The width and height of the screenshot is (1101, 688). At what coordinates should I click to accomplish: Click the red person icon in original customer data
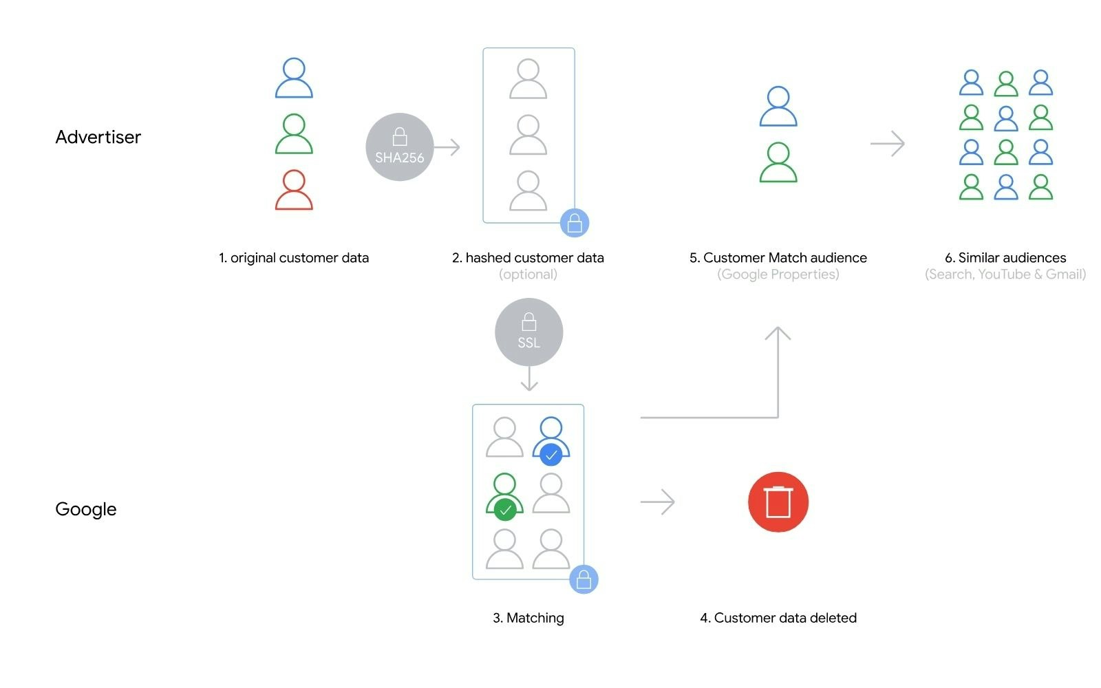(x=294, y=190)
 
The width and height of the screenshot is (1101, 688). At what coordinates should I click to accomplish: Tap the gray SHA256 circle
(x=399, y=147)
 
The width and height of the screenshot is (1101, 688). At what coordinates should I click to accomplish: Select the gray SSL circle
(x=528, y=332)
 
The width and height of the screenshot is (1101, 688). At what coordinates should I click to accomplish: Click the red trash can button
(x=778, y=502)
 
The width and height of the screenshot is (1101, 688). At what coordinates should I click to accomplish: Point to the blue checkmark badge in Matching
(x=550, y=455)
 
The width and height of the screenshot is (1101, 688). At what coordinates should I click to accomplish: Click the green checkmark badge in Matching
(x=505, y=510)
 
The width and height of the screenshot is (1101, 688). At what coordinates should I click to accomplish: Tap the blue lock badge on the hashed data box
(x=575, y=223)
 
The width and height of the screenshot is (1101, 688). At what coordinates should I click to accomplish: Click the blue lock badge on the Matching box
(x=584, y=580)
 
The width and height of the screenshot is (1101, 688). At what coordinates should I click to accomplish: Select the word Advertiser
(x=98, y=137)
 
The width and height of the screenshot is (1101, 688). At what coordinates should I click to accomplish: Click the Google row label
(x=86, y=509)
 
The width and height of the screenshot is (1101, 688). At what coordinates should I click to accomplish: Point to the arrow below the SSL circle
(x=528, y=379)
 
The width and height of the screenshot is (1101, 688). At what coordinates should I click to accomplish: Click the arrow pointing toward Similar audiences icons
(x=887, y=144)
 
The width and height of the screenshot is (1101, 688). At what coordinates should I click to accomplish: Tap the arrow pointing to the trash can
(x=657, y=502)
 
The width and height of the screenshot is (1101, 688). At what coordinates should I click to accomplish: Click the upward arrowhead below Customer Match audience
(x=778, y=334)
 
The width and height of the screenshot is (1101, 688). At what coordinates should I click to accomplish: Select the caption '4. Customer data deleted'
(x=778, y=618)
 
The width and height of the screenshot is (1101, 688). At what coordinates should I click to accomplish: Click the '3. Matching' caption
(x=528, y=618)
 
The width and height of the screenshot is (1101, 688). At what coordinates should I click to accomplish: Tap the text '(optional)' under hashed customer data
(x=528, y=275)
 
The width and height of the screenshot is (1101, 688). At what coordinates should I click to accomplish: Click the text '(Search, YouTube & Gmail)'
(x=1005, y=275)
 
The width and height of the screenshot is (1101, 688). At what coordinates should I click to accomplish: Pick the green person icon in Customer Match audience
(x=778, y=162)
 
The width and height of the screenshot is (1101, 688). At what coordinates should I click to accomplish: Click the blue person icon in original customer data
(x=294, y=78)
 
